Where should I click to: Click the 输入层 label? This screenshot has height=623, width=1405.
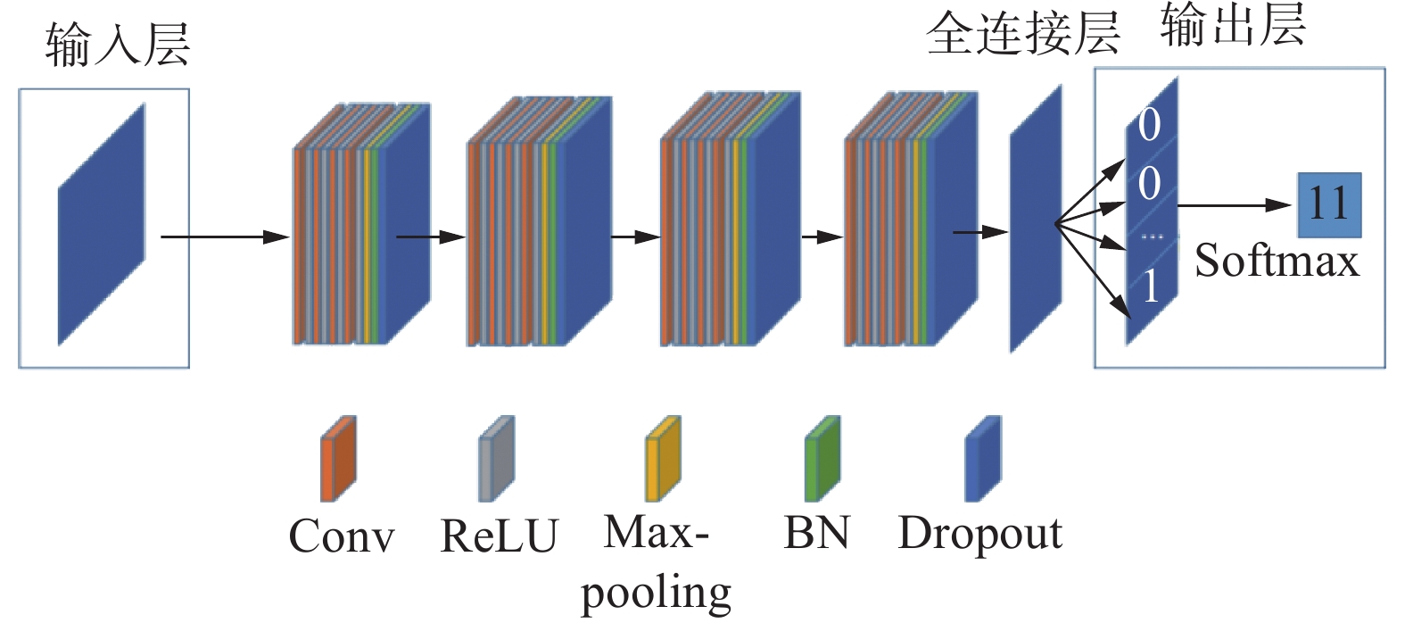[x=117, y=45]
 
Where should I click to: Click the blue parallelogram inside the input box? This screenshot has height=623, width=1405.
[x=102, y=225]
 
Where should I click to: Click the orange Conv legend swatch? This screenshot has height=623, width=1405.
[x=338, y=459]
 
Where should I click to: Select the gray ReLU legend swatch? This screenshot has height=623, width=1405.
[x=496, y=459]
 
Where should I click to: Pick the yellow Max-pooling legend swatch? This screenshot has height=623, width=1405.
[x=663, y=459]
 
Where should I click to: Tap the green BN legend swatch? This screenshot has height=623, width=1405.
[x=822, y=459]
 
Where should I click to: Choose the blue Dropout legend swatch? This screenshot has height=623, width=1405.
[x=983, y=459]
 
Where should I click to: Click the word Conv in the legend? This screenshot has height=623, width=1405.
[x=341, y=536]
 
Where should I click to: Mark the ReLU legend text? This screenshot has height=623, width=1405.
[x=499, y=536]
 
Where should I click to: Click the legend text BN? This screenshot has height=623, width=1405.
[x=816, y=533]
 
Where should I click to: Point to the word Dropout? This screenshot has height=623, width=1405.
[x=979, y=534]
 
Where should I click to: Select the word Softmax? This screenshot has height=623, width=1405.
[x=1276, y=262]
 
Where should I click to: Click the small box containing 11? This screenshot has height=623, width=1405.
[x=1329, y=204]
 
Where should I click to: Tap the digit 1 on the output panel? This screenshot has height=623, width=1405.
[x=1151, y=287]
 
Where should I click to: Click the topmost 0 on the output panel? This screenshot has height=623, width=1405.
[x=1149, y=124]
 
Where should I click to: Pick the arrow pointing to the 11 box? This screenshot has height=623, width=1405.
[x=1235, y=205]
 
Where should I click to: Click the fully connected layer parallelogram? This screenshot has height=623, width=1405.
[x=1036, y=219]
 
